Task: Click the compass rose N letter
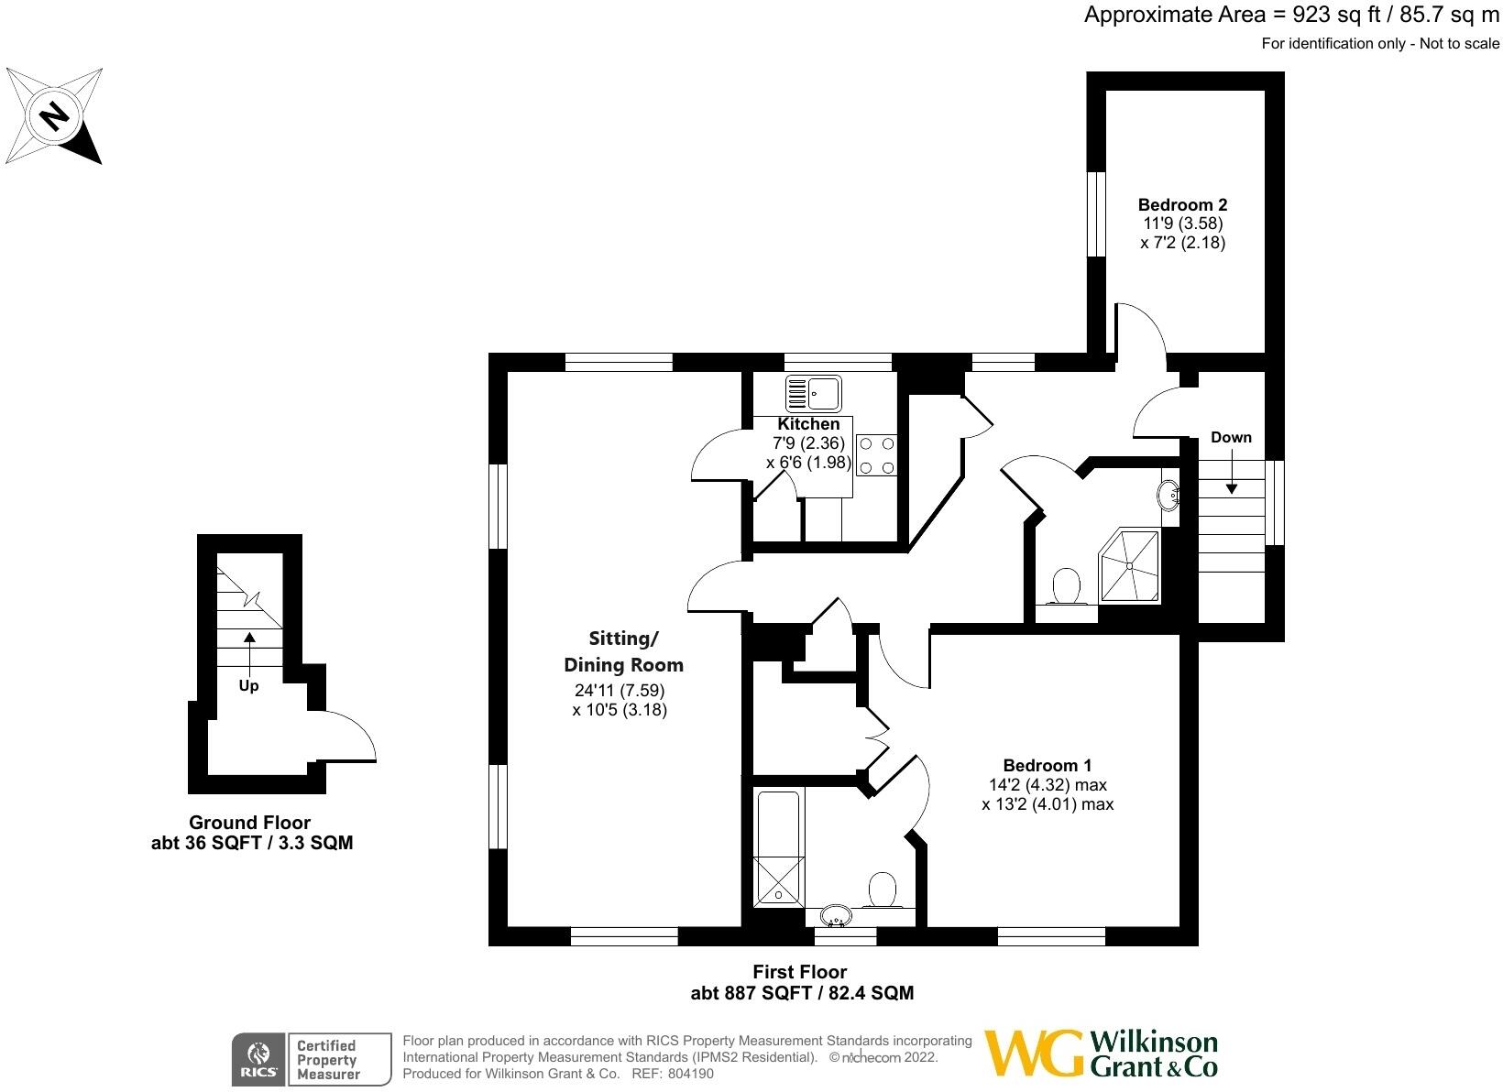click(55, 116)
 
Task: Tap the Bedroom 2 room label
click(1182, 204)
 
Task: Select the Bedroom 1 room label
click(1048, 765)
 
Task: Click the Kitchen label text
click(808, 424)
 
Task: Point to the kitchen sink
click(813, 393)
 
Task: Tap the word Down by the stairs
click(1231, 437)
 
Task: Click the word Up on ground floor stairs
click(248, 685)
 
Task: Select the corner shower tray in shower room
click(1131, 566)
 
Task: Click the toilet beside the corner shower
click(1066, 587)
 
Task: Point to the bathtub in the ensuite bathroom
click(778, 848)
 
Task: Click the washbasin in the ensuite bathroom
click(836, 915)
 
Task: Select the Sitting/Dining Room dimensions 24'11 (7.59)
click(620, 690)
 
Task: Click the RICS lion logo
click(258, 1054)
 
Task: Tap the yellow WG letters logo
click(1034, 1054)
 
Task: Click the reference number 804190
click(690, 1073)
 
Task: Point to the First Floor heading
click(800, 972)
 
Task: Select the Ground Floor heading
click(249, 823)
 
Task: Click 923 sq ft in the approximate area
click(1336, 15)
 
